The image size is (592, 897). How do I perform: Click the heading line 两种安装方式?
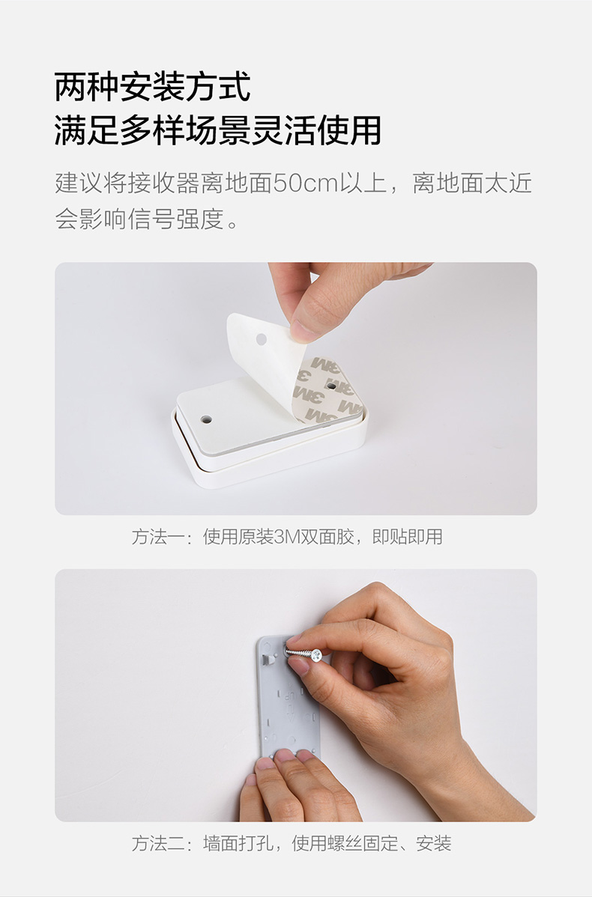[x=152, y=87]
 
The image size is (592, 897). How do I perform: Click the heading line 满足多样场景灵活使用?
[x=217, y=130]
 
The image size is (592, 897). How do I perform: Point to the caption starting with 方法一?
[x=287, y=537]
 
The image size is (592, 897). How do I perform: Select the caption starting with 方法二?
[x=292, y=844]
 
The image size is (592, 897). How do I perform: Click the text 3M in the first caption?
[x=286, y=537]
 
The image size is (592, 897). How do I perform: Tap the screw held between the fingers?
[x=303, y=654]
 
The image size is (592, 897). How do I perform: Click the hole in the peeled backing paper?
[x=261, y=339]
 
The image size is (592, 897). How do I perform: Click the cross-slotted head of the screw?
[x=319, y=657]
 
